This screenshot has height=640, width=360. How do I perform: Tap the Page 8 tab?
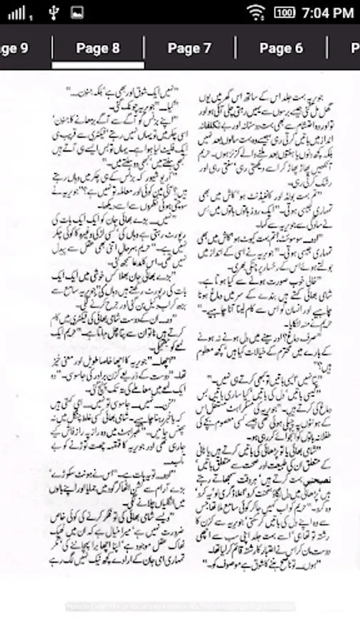(x=98, y=48)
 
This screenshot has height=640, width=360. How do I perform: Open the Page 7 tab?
(x=189, y=48)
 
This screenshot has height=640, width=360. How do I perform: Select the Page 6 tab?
(x=281, y=48)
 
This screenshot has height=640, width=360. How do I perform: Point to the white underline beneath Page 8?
(x=98, y=65)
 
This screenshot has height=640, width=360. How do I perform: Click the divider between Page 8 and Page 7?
(x=144, y=48)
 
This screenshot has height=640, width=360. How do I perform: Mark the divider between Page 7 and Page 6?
(x=235, y=48)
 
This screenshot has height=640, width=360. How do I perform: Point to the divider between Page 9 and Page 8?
(x=53, y=48)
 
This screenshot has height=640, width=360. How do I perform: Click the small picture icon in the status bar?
(x=77, y=12)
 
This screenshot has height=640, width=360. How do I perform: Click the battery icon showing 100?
(x=285, y=12)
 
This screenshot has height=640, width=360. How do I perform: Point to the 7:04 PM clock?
(x=327, y=12)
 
